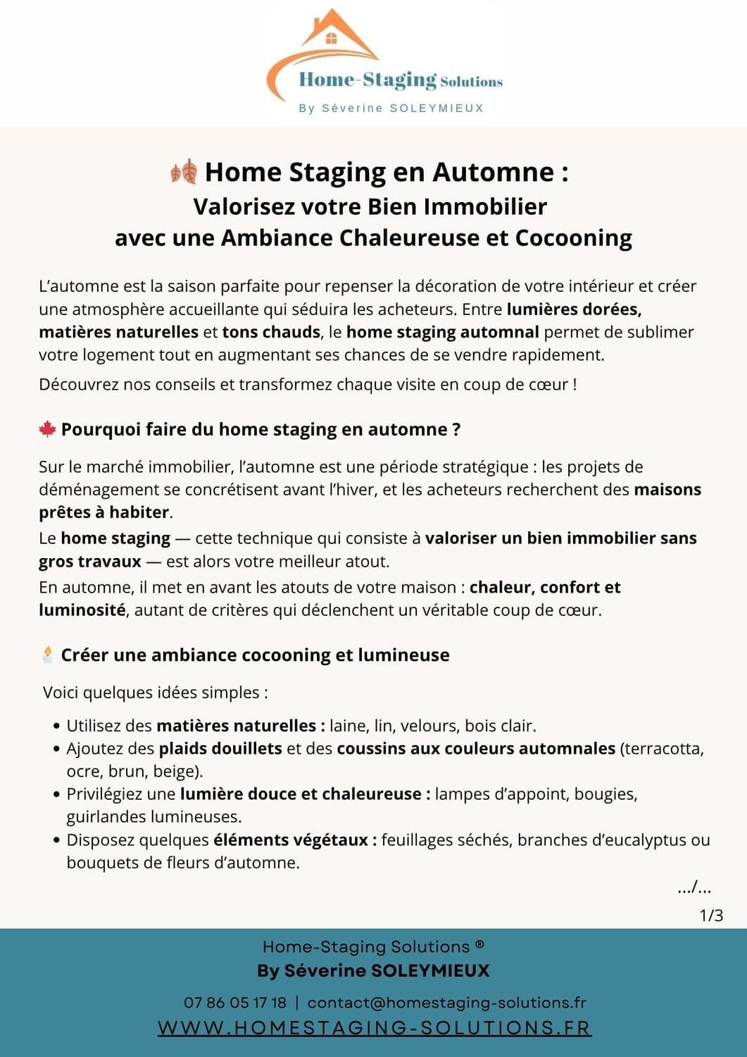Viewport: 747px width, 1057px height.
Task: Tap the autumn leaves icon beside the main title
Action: click(184, 171)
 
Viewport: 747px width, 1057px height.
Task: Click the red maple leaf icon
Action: click(47, 429)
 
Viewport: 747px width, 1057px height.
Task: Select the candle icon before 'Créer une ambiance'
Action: click(47, 655)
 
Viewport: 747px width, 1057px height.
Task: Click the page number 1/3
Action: click(711, 915)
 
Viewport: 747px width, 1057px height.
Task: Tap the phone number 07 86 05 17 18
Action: click(235, 1003)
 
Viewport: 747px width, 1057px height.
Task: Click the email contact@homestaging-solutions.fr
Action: click(446, 1003)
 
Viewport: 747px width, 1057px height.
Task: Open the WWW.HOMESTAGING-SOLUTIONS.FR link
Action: click(374, 1027)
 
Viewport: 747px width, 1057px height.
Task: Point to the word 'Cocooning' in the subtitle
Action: click(573, 238)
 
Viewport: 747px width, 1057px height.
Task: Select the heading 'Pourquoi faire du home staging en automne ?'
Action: click(260, 430)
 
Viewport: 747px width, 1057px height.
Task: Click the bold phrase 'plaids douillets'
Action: click(220, 748)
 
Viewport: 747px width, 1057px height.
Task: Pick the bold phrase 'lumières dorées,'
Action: click(574, 309)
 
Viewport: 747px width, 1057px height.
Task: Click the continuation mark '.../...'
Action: click(694, 888)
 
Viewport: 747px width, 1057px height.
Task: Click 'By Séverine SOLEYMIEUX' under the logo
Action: click(391, 109)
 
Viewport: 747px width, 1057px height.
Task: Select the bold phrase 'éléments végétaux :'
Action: click(295, 840)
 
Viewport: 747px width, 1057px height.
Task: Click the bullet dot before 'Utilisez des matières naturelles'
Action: click(56, 727)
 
